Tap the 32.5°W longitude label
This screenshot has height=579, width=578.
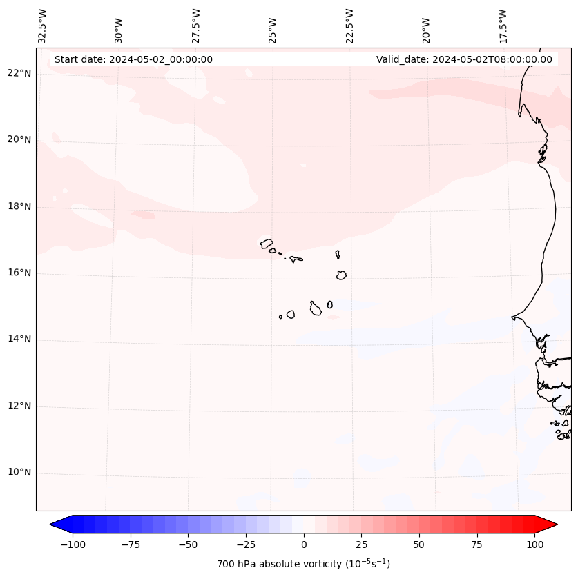click(43, 26)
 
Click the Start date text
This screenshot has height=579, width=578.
click(133, 59)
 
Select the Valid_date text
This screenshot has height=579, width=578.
click(464, 59)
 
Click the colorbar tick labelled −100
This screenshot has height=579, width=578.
click(73, 544)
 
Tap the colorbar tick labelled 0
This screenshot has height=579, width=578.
click(304, 544)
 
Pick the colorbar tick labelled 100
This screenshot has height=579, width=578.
click(534, 544)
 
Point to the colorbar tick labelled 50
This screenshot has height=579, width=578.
click(419, 544)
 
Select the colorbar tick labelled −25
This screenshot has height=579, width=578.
click(246, 544)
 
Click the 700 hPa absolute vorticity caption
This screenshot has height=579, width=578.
click(303, 564)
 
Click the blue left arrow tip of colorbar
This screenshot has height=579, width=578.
click(52, 524)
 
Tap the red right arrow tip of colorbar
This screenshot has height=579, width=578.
click(555, 524)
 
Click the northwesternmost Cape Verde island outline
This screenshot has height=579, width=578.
click(267, 244)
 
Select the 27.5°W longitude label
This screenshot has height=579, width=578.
click(196, 26)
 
